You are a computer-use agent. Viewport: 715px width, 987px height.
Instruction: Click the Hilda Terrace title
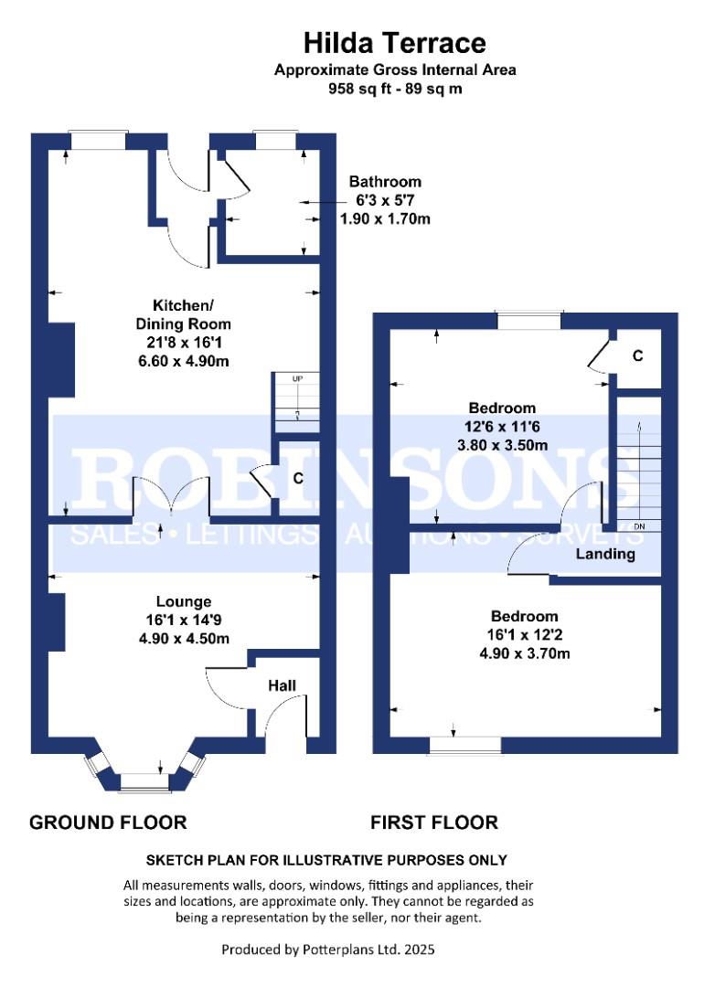point(395,42)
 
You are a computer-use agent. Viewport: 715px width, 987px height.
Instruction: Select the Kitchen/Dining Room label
point(190,314)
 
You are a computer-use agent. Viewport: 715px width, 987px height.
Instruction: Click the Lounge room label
point(184,601)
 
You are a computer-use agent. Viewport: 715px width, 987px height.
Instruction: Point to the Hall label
point(282,685)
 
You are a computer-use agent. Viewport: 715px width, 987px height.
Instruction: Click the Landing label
point(605,554)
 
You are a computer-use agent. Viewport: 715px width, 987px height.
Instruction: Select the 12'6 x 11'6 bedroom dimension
point(502,427)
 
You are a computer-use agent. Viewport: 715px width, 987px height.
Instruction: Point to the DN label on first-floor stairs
point(639,526)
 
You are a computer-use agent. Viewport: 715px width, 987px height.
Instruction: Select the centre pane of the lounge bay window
point(144,781)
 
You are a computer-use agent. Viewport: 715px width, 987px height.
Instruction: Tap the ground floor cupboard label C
point(297,478)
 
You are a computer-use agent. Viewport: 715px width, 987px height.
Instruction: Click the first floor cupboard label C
point(637,355)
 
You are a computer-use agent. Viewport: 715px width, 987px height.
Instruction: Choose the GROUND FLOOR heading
point(108,822)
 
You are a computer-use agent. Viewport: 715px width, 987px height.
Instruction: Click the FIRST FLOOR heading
point(434,822)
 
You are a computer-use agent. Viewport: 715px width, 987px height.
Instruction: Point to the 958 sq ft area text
point(359,90)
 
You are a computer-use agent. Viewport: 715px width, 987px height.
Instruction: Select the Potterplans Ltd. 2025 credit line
point(328,950)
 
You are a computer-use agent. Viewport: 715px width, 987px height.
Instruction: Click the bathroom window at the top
point(275,140)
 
